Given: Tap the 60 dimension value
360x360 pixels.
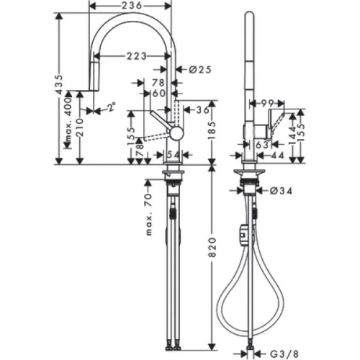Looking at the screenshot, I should pyautogui.click(x=159, y=93).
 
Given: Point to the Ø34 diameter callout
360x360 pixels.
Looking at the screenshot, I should pyautogui.click(x=282, y=191).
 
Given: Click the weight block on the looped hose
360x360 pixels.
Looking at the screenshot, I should pyautogui.click(x=242, y=235).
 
